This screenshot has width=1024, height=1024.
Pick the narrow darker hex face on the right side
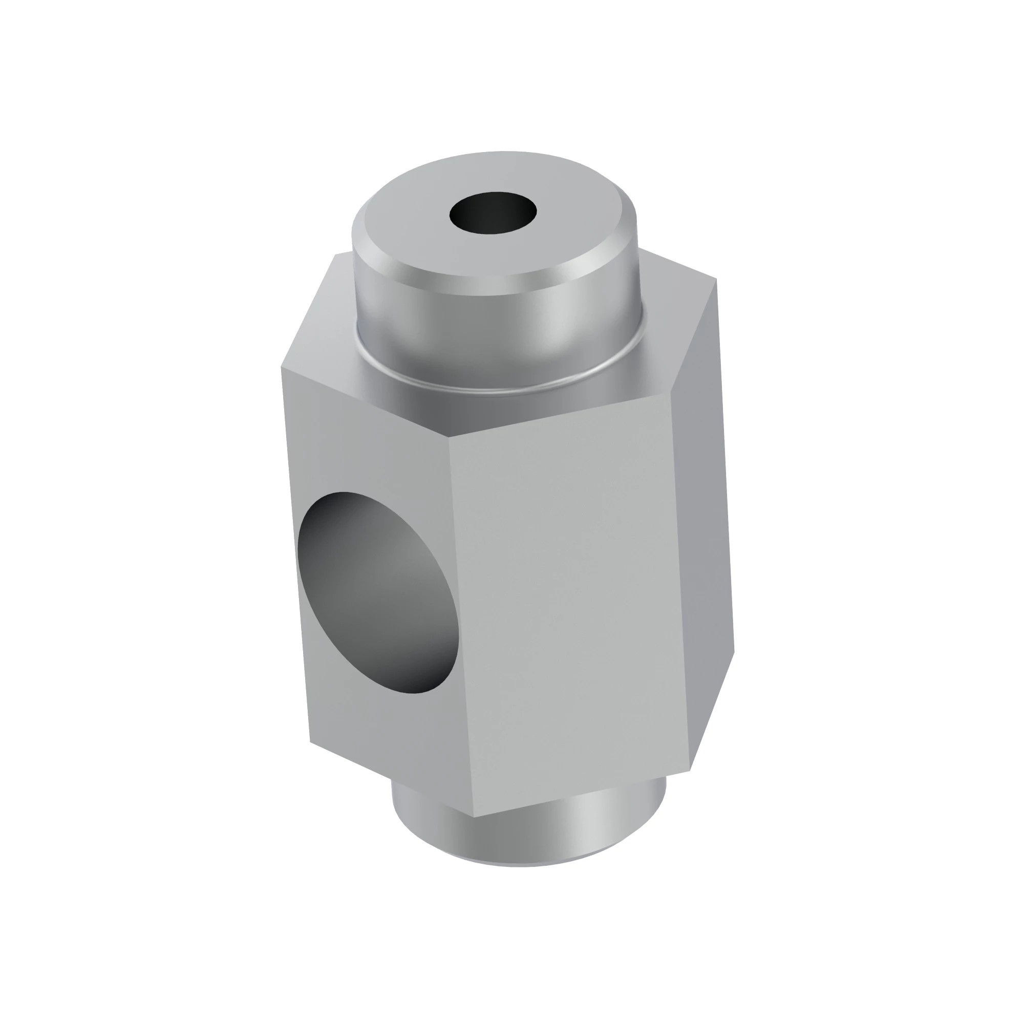click(705, 530)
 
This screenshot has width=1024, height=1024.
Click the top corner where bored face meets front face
click(449, 439)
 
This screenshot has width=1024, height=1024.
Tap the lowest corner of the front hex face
click(473, 817)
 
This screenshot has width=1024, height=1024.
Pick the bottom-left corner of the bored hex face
click(310, 742)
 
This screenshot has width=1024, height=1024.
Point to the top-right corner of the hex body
click(717, 279)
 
